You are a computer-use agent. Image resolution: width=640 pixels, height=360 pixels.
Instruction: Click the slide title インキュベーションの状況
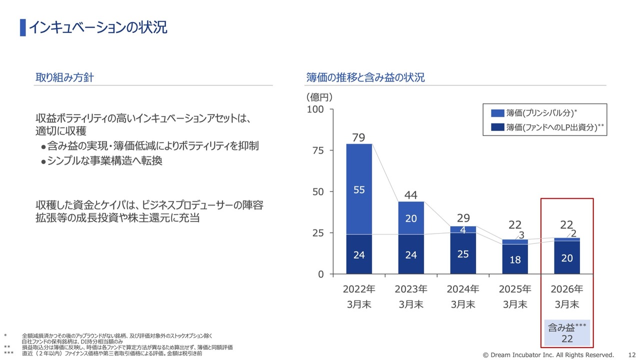(x=98, y=27)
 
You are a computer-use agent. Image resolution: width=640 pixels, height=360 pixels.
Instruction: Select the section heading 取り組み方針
(x=64, y=77)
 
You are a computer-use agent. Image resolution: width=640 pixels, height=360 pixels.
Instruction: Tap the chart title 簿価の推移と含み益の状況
(x=365, y=77)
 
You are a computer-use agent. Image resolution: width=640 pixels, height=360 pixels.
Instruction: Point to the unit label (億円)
(x=319, y=97)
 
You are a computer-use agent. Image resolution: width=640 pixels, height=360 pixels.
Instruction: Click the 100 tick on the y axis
(x=315, y=109)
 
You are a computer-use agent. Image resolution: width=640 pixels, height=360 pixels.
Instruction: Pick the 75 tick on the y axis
(x=318, y=150)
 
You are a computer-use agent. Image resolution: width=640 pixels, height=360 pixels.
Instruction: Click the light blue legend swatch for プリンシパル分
(x=497, y=113)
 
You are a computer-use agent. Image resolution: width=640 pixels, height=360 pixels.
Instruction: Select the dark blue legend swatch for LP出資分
(x=497, y=127)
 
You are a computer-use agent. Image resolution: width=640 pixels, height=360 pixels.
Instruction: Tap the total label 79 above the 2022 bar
(x=358, y=137)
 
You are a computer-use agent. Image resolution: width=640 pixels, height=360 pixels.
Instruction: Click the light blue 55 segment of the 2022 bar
(x=359, y=189)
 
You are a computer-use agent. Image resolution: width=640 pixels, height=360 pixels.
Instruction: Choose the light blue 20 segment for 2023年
(x=411, y=218)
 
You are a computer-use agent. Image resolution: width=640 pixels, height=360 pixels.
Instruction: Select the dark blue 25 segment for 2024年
(x=463, y=253)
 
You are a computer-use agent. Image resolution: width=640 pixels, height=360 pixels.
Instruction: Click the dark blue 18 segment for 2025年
(x=515, y=259)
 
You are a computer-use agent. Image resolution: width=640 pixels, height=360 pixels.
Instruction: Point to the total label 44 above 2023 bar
(x=411, y=195)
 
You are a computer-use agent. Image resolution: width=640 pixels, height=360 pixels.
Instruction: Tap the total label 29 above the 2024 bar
(x=463, y=218)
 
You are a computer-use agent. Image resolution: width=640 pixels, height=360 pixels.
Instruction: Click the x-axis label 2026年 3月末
(x=567, y=297)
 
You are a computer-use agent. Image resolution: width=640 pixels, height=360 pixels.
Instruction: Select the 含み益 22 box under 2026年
(x=567, y=332)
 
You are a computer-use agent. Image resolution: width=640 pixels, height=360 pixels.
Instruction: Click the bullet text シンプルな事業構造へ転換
(x=104, y=161)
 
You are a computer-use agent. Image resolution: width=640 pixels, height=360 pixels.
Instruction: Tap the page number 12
(x=631, y=355)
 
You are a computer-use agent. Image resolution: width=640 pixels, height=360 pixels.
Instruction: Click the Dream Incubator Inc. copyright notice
(x=548, y=355)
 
